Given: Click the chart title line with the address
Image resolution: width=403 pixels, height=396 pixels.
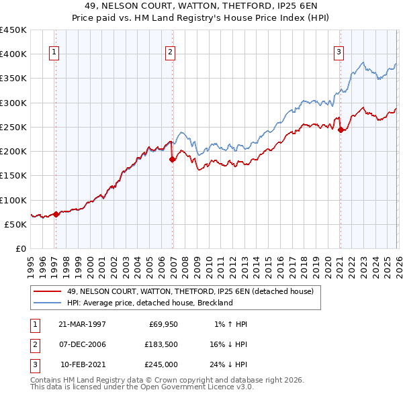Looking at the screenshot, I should pyautogui.click(x=201, y=5).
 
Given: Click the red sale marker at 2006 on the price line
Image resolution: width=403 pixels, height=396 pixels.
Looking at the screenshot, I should pyautogui.click(x=173, y=159).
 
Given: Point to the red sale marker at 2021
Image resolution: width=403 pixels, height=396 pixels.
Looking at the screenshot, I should pyautogui.click(x=341, y=130).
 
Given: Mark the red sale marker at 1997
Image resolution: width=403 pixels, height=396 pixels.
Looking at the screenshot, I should pyautogui.click(x=56, y=214).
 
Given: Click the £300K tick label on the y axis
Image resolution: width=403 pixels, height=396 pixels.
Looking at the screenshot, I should pyautogui.click(x=13, y=103).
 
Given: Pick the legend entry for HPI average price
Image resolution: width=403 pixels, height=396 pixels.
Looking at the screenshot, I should pyautogui.click(x=149, y=303).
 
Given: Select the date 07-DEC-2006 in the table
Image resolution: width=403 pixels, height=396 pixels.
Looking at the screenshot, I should pyautogui.click(x=83, y=344).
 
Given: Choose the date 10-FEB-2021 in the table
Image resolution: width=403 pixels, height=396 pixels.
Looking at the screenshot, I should pyautogui.click(x=83, y=364).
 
